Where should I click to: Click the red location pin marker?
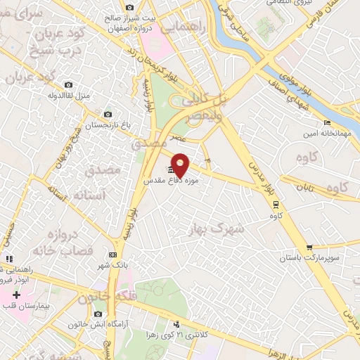click(181, 165)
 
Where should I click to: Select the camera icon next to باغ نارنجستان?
click(107, 114)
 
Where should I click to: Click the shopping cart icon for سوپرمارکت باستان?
click(309, 247)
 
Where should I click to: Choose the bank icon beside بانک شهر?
click(113, 255)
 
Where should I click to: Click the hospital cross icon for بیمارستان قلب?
click(17, 295)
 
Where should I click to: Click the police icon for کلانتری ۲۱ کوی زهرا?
click(176, 324)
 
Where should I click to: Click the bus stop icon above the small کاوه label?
click(275, 205)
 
